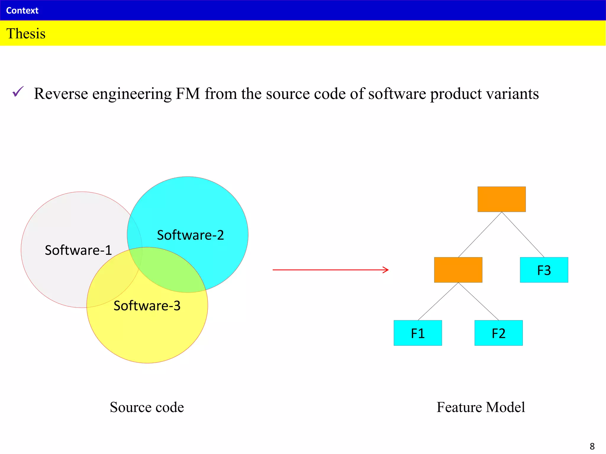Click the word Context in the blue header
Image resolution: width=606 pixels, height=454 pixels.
pos(22,11)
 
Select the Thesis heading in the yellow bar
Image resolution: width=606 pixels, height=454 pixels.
pos(26,33)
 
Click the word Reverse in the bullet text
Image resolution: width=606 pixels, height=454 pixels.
pos(61,94)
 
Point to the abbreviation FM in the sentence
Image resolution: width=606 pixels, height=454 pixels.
pos(188,94)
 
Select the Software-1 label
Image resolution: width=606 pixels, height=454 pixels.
pos(78,250)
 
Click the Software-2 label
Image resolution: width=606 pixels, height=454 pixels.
pos(190,235)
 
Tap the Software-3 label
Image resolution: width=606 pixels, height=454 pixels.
pos(147,306)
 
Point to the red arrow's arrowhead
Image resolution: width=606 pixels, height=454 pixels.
pos(386,270)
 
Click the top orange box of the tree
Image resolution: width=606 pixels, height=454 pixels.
pos(502,199)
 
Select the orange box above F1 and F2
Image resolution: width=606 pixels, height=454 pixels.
pos(458,270)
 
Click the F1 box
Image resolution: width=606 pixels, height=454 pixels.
pos(418,333)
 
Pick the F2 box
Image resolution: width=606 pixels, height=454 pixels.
pos(499,333)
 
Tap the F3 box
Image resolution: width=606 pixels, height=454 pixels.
pos(544,270)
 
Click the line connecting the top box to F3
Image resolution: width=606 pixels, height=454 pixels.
pos(523,234)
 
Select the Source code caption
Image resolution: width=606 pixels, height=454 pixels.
pos(147,407)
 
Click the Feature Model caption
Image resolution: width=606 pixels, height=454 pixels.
pos(481,407)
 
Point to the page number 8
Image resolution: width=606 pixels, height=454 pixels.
pos(592,446)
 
